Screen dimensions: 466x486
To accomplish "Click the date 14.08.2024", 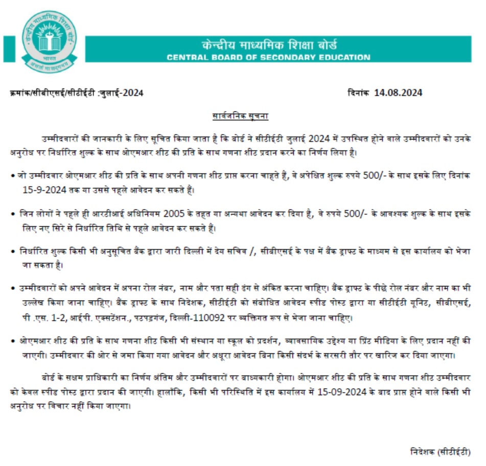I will tap(398, 93).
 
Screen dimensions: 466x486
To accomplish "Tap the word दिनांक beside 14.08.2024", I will tap(359, 93).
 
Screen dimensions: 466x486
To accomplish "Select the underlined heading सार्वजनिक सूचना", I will tap(240, 116).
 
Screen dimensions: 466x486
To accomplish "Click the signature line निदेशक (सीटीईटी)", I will tap(440, 452).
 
